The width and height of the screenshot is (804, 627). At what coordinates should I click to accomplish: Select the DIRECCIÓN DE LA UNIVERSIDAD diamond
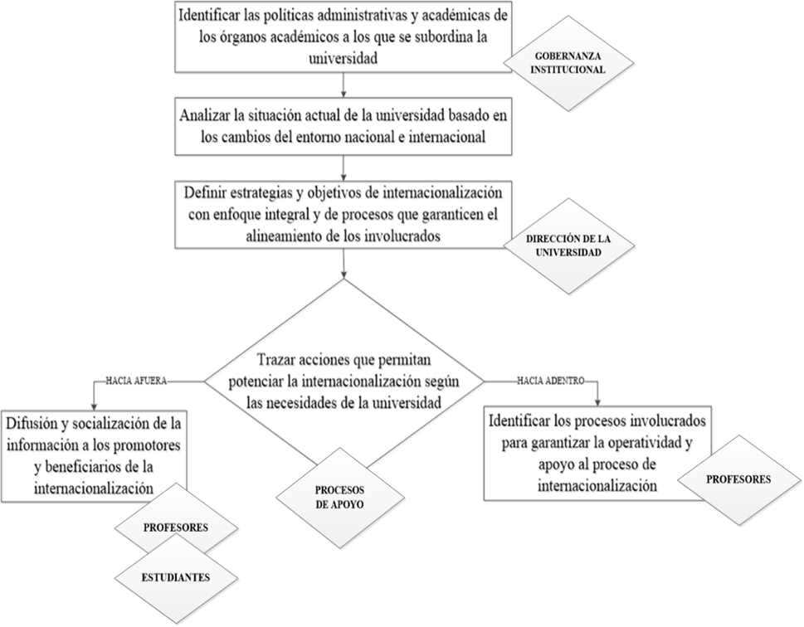coord(568,245)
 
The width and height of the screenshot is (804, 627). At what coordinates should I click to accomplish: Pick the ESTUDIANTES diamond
coord(175,577)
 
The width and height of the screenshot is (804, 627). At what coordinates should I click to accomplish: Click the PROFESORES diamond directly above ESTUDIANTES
coord(175,526)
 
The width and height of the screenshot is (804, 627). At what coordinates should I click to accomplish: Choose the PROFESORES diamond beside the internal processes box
coord(738,479)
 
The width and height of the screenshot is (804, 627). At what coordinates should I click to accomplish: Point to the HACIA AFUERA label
coord(137,381)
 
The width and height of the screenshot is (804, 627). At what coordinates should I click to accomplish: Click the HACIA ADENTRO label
coord(551,381)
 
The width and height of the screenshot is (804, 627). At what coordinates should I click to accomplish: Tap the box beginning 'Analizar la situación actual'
coord(343,125)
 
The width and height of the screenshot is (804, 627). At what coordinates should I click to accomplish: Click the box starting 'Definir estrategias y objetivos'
coord(343,215)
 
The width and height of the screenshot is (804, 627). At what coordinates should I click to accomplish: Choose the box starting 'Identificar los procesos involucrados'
coord(596,453)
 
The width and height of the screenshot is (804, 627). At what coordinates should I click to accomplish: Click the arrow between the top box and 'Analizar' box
coord(344,85)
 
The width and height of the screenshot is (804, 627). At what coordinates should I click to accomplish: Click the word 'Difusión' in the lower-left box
coord(32,423)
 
